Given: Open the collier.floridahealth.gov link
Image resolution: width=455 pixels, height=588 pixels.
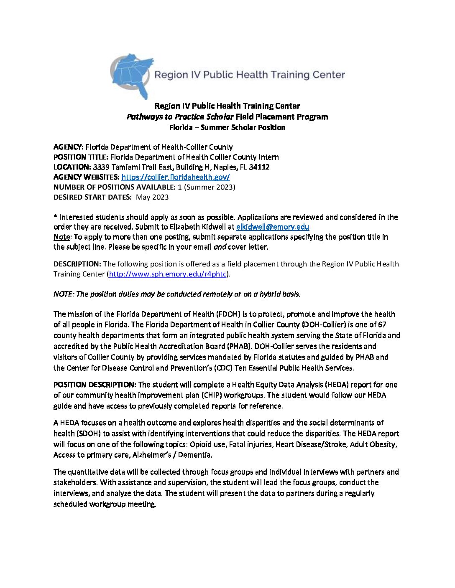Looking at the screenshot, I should coord(176,177).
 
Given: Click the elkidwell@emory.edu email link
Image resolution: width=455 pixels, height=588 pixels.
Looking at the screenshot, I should coord(272,227).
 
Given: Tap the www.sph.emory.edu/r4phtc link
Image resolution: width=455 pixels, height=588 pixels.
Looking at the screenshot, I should coord(167,274).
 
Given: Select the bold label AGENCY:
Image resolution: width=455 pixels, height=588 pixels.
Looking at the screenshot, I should coord(69,147).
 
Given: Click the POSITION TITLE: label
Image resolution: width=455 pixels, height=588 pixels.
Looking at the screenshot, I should coord(81,157).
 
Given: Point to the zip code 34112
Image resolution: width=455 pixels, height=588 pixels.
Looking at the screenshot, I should coord(259,167).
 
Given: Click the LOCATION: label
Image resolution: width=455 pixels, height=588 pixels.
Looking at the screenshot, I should coord(72,167).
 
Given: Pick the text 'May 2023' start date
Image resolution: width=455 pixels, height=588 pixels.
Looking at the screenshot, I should coord(152,197).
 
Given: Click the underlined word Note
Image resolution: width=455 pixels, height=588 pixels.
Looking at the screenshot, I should coord(61,237).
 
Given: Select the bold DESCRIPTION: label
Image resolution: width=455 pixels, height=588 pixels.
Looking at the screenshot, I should coord(77,264).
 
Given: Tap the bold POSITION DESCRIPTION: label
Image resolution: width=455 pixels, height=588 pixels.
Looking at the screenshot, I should coord(95,385).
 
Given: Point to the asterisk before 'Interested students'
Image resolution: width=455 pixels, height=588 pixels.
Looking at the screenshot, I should coord(55,217).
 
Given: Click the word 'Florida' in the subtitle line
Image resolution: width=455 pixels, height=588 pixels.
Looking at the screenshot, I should coord(181,127).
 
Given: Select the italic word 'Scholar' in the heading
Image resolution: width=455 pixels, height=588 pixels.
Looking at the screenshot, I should coord(220,117).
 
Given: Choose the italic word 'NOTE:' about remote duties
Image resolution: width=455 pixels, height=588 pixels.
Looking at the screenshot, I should coord(64,294).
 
